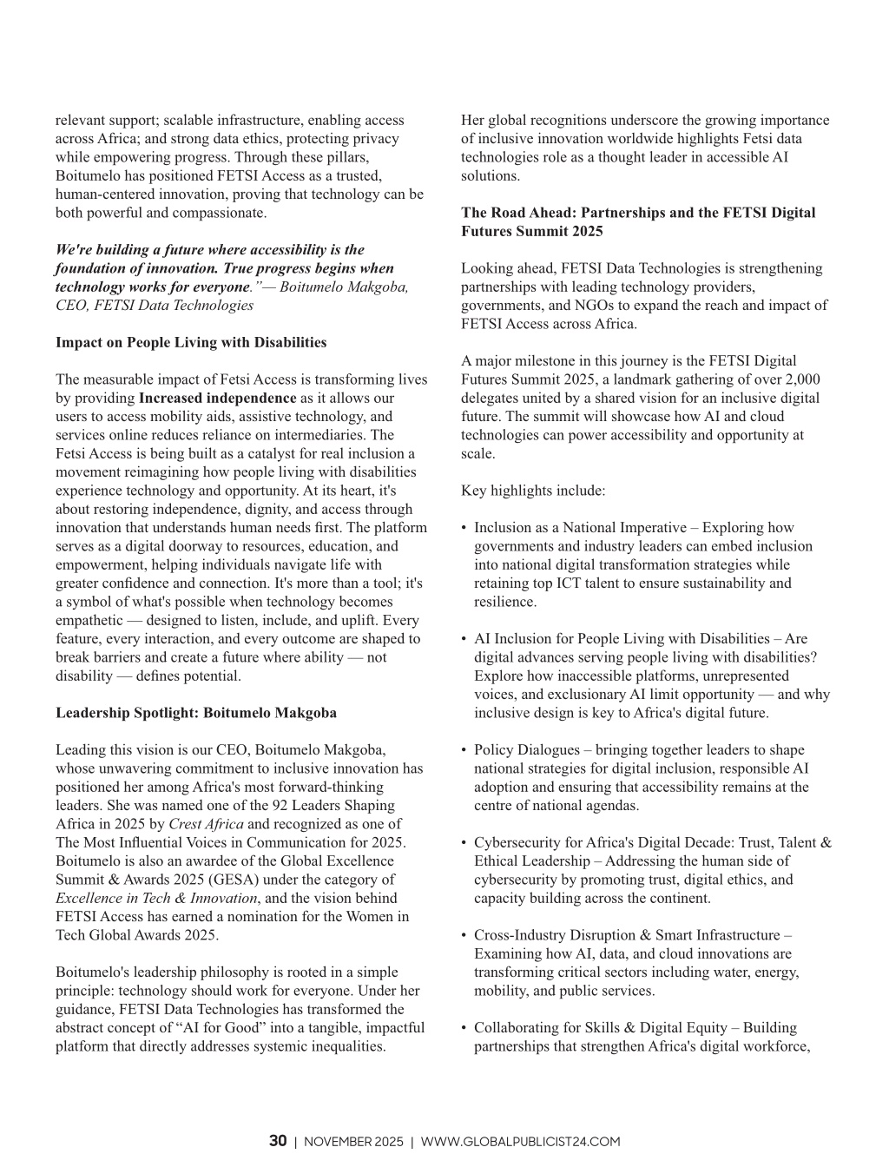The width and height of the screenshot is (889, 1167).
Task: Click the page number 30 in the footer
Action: [x=278, y=1141]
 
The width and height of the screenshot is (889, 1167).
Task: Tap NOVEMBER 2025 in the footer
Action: [x=353, y=1142]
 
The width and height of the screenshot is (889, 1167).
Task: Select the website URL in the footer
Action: [x=520, y=1142]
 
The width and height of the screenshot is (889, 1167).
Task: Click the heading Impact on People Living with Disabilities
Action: [x=191, y=342]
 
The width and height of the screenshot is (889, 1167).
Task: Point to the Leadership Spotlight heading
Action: [x=196, y=713]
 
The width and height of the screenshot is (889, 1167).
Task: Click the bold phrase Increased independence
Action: [x=218, y=398]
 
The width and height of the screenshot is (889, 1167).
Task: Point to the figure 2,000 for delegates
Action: [x=802, y=379]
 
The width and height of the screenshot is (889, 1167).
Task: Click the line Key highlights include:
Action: [x=533, y=491]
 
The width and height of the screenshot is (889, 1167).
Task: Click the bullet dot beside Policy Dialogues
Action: [x=464, y=750]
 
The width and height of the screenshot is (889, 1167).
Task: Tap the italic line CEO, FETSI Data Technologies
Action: [x=155, y=305]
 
